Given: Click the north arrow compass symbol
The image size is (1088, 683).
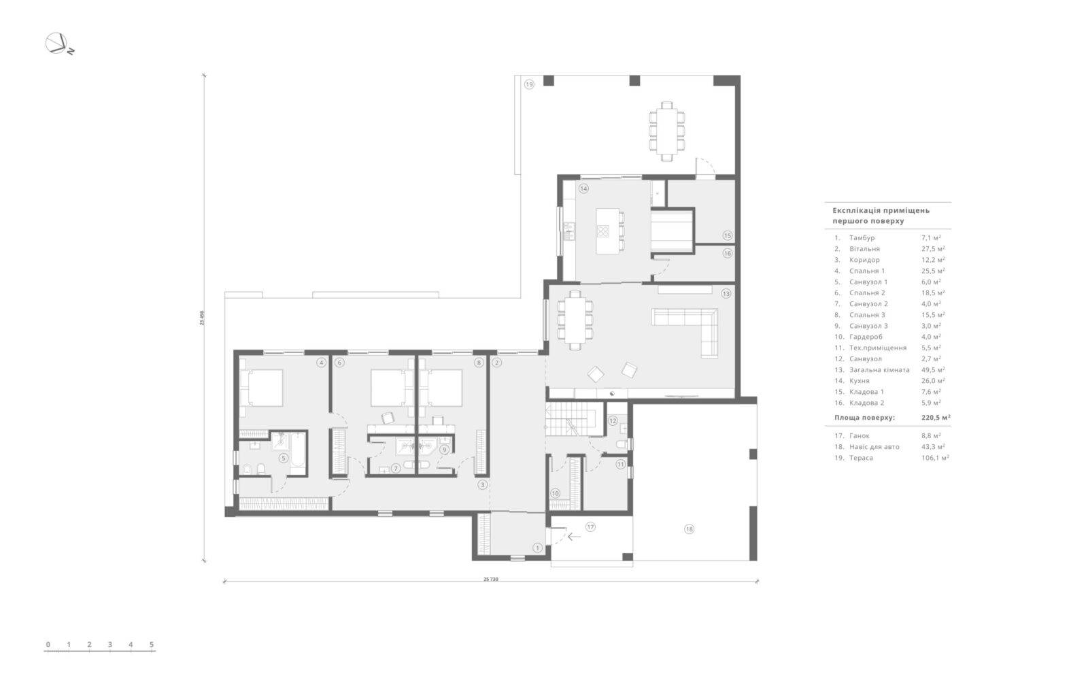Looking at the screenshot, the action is (57, 44).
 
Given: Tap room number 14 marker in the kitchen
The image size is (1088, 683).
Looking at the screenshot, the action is (583, 188).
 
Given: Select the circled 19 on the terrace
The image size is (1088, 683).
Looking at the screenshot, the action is (529, 84).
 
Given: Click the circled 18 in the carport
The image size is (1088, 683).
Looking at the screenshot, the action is (689, 529).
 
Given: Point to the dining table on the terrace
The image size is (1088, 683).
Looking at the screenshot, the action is (667, 131).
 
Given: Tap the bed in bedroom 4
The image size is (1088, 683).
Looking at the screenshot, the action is (262, 388).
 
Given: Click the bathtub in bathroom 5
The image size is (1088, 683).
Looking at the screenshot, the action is (297, 453).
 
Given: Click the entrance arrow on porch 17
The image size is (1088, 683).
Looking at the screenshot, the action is (574, 537).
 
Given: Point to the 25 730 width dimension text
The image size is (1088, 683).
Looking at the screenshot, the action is (490, 579).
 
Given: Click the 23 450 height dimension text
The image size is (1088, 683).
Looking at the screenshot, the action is (202, 318).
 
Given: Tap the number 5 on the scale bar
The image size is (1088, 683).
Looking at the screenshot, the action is (152, 644).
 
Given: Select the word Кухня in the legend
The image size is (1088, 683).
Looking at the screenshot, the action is (860, 381).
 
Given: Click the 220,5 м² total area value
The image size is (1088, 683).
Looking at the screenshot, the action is (936, 417).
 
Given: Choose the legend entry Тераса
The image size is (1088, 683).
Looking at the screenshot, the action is (861, 458).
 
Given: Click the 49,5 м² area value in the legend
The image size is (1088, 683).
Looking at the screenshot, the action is (933, 369).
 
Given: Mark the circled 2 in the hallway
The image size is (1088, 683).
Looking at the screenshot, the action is (496, 363).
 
